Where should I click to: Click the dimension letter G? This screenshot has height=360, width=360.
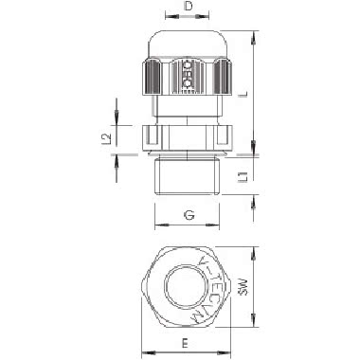coord(189,217)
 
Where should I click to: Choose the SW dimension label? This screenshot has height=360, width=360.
coord(270,286)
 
